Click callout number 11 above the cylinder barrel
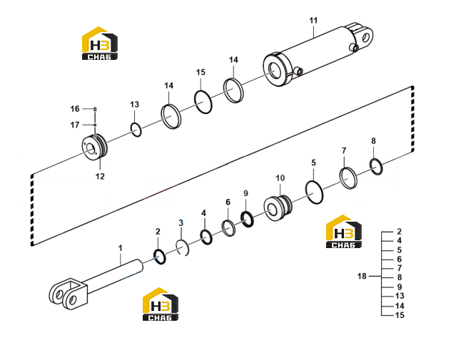coord(313,21)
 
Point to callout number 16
coord(75,109)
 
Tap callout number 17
coord(75,125)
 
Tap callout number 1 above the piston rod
coord(121,248)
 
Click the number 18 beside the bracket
coord(362,276)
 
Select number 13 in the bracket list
coord(400,296)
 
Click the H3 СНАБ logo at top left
coord(100,43)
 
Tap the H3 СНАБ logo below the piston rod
coord(161,304)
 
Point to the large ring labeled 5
coord(306,192)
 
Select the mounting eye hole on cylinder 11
coord(366,37)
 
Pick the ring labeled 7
coord(341,178)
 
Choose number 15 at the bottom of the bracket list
coord(400,315)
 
